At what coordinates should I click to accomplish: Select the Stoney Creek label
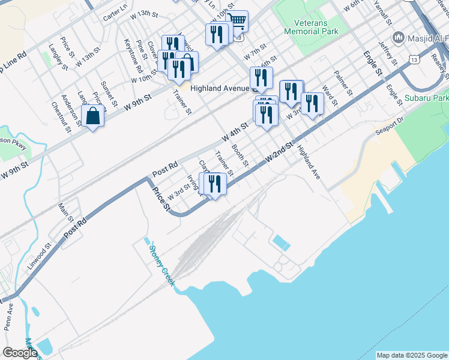161,265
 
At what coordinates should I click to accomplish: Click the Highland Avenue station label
219,88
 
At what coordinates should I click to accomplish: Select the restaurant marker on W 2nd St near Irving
214,182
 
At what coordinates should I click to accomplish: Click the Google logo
20,352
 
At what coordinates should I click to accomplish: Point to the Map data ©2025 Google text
412,355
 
